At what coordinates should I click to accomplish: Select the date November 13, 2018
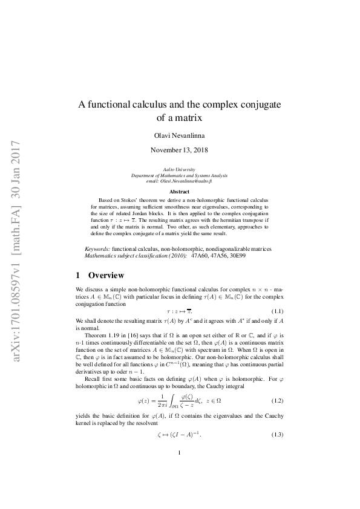point(180,149)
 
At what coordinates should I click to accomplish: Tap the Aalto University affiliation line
point(180,164)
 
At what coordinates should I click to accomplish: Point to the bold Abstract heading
point(180,191)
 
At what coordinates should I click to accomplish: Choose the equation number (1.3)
point(279,435)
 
